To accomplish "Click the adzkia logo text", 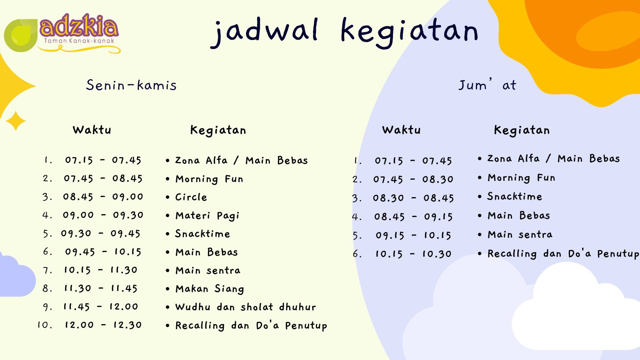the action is coord(79,27).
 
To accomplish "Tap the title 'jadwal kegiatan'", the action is coord(344,32).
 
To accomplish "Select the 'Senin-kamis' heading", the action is coord(131,85).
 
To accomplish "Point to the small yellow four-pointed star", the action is coord(16,121).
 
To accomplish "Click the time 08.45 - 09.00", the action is coord(103,197).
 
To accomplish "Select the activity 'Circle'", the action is coord(191,197).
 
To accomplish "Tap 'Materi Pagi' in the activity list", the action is coord(207,216).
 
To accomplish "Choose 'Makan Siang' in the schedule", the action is coord(210,289).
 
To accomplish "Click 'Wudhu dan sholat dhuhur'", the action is coord(246,307).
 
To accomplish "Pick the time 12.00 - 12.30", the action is coord(103,325).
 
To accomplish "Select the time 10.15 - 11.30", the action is coord(100,270).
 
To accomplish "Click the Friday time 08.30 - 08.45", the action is coord(413,198).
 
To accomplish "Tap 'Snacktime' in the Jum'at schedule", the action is coord(515,196).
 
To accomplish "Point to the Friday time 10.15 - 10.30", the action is coord(413,254).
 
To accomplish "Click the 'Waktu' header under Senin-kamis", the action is coord(92,130).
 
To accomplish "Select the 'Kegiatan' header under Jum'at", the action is coord(522,130).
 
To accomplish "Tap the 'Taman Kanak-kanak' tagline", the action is coord(79,40).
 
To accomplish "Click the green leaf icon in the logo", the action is coord(20,35).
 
